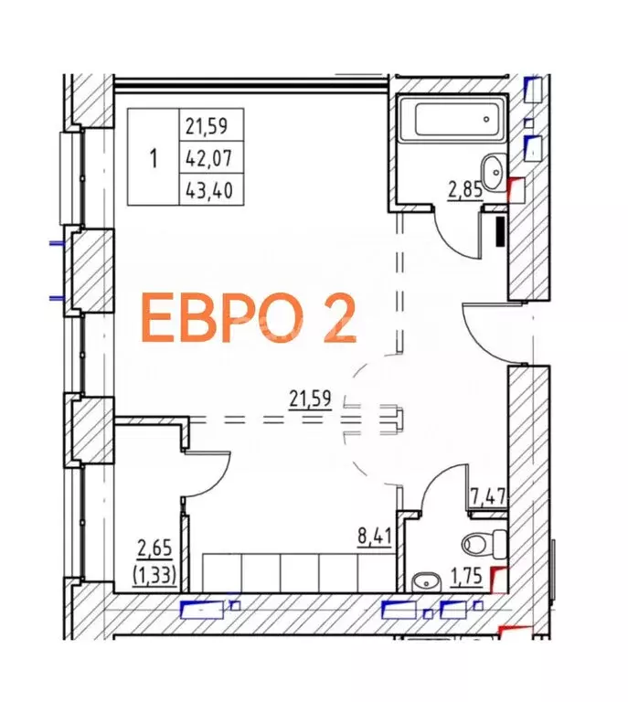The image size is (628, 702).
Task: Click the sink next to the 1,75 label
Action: click(x=426, y=579)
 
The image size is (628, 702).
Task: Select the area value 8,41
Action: click(x=374, y=532)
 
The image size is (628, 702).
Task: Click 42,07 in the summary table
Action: click(x=208, y=158)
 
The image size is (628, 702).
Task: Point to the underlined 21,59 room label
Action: click(x=309, y=399)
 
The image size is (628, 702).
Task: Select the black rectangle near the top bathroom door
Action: click(x=498, y=230)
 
